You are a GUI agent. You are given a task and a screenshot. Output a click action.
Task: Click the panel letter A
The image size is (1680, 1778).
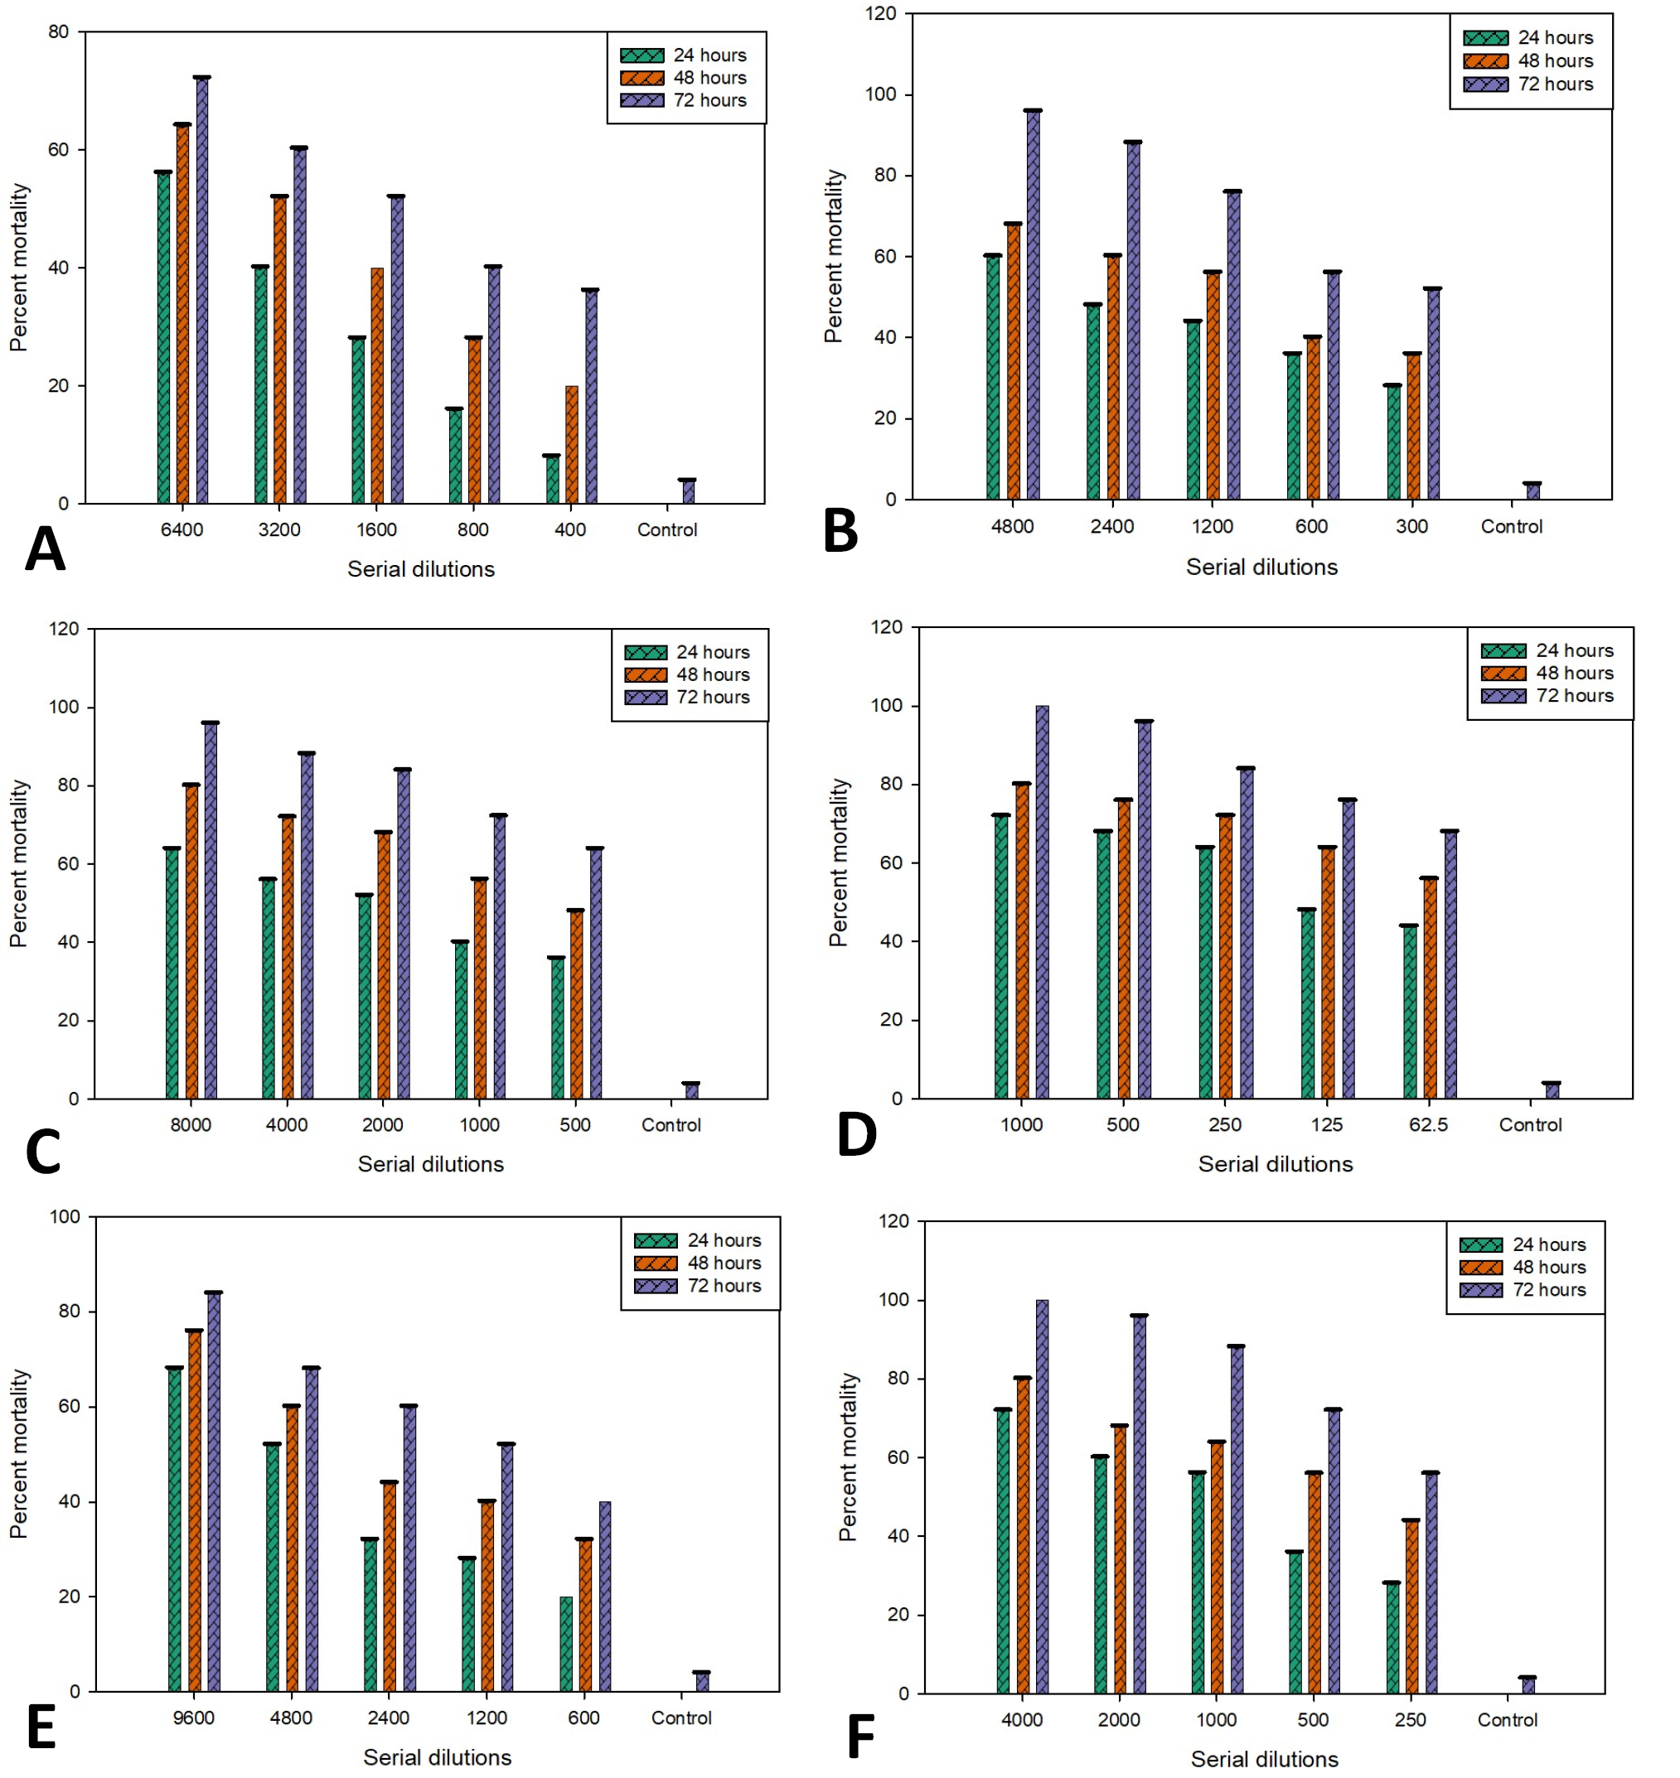[45, 548]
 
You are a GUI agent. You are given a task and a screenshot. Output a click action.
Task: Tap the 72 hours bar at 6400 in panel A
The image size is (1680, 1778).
[202, 290]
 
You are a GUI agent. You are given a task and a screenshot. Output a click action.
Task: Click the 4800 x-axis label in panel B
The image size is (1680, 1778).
[1012, 526]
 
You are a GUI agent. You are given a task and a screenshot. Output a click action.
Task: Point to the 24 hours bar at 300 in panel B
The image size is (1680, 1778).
[1392, 442]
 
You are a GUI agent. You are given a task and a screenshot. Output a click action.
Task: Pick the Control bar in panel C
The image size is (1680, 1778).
[691, 1090]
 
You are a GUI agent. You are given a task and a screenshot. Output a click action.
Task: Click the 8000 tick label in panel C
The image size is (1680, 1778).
[191, 1124]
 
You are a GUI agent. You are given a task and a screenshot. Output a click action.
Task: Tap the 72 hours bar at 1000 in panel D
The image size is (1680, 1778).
[1043, 901]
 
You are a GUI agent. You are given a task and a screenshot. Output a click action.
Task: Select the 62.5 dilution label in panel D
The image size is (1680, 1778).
[1428, 1124]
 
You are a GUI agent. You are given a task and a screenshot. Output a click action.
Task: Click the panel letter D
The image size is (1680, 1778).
[857, 1135]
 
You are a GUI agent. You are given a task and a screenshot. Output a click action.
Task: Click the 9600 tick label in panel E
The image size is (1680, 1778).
[193, 1718]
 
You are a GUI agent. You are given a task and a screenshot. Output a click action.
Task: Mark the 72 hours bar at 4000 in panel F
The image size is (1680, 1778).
[1043, 1497]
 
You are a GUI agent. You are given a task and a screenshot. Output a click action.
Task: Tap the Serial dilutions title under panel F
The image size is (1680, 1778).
[1265, 1759]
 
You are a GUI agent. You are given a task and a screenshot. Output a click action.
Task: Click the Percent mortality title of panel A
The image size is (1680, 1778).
[19, 268]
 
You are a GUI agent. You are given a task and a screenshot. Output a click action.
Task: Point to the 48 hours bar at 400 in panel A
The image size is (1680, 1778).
[571, 445]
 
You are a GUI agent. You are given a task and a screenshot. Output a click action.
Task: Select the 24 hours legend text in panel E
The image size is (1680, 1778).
[724, 1240]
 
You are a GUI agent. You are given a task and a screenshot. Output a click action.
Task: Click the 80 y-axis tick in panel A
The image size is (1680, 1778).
[58, 32]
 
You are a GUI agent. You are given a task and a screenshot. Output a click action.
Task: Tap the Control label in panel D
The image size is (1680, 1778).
[1531, 1124]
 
